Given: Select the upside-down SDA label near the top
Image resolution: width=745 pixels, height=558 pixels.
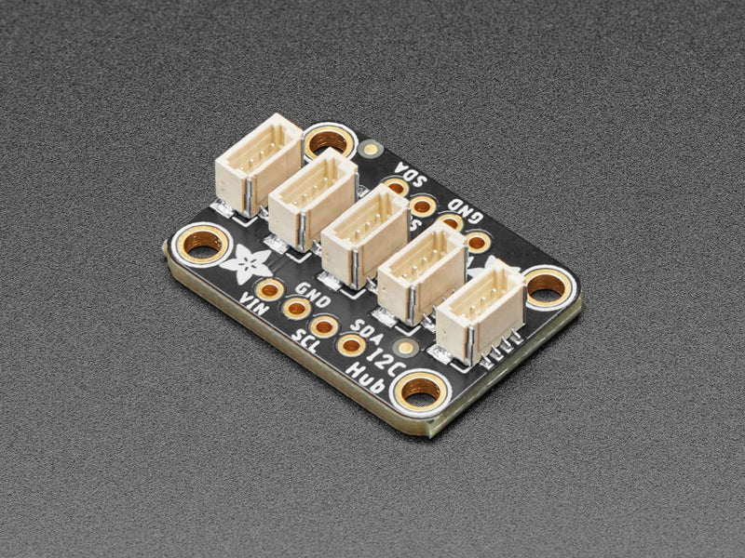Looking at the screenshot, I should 409,173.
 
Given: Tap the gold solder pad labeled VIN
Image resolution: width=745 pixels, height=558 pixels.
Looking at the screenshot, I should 271,288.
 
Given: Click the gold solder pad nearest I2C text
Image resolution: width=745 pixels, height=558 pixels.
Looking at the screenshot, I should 352,345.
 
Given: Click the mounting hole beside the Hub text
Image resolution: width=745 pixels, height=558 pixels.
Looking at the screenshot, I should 421,394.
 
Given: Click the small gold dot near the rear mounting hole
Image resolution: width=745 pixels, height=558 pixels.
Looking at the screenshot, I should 373,147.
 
